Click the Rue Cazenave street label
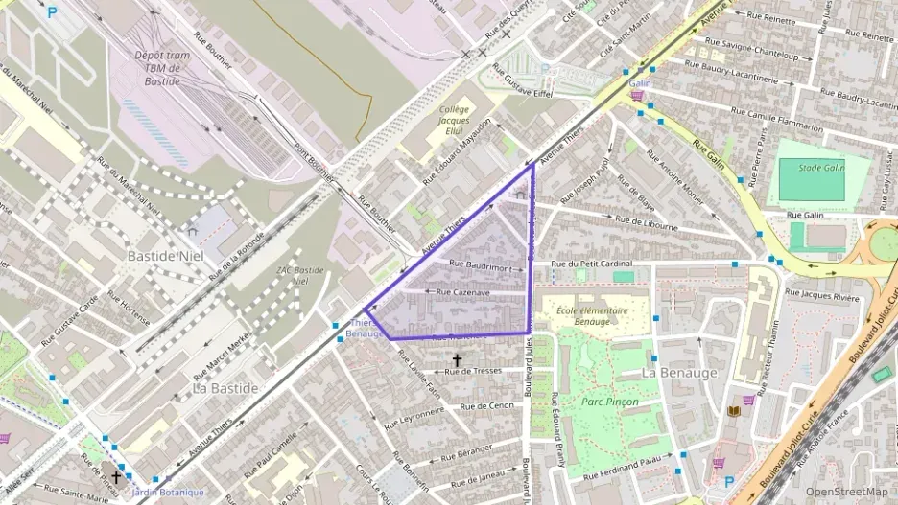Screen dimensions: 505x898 [463, 291]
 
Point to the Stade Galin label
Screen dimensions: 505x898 [823, 167]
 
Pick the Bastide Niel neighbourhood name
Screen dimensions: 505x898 [166, 257]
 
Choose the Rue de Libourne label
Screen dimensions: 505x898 [646, 224]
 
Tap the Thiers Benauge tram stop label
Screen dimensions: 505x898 [364, 329]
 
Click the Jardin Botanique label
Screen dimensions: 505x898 [168, 493]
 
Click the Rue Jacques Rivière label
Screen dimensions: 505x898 [822, 294]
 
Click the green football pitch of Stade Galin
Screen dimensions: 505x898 [811, 179]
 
